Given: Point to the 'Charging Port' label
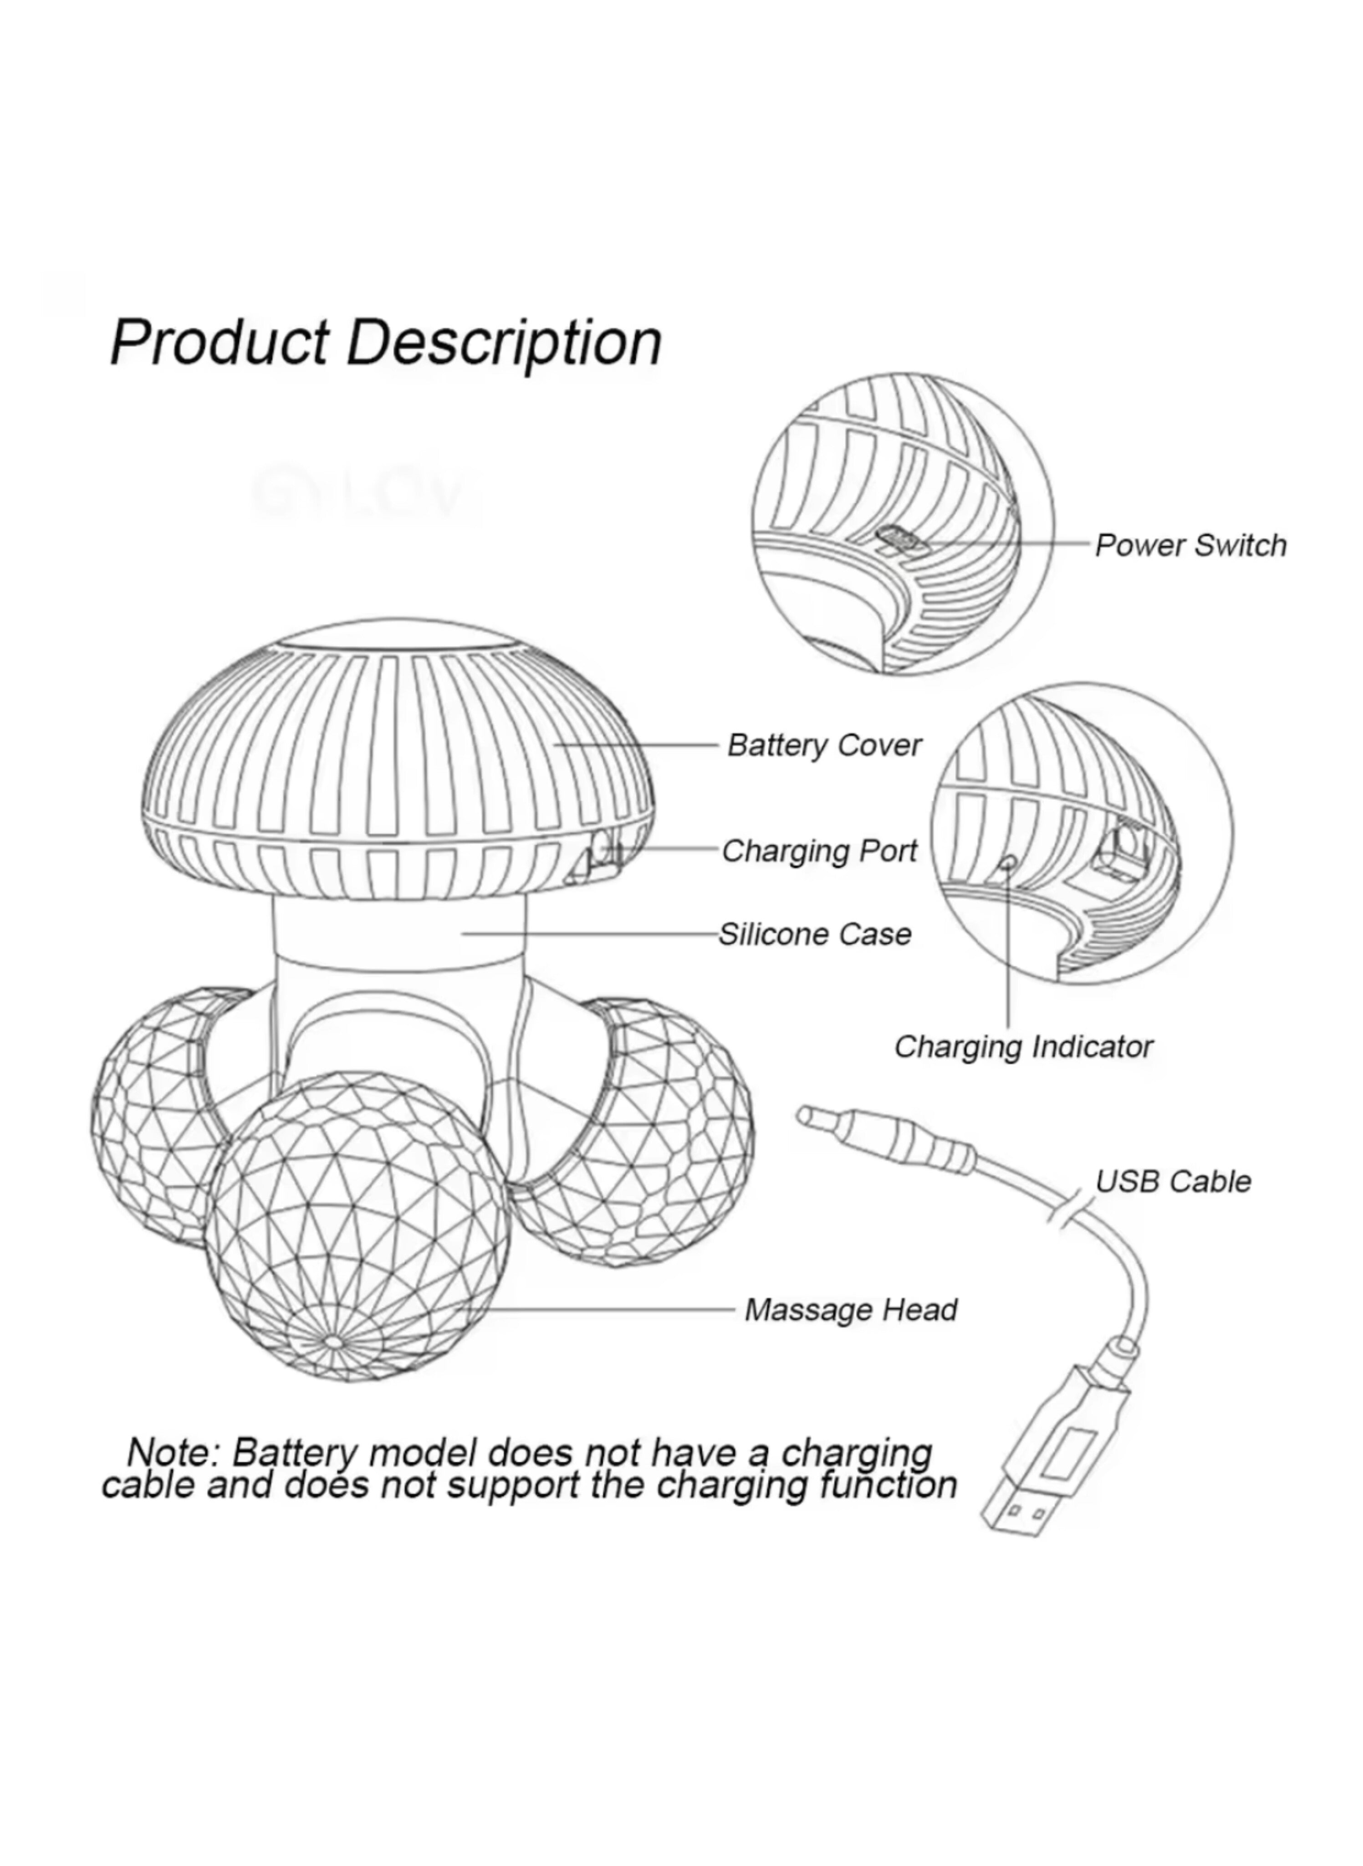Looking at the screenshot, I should (x=819, y=851).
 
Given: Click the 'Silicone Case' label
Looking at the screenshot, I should (x=814, y=934).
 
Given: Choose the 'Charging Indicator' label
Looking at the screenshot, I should (x=1023, y=1046).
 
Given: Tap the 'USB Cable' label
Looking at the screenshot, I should (x=1172, y=1182).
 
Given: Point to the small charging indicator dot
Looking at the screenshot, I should (x=1007, y=863).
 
